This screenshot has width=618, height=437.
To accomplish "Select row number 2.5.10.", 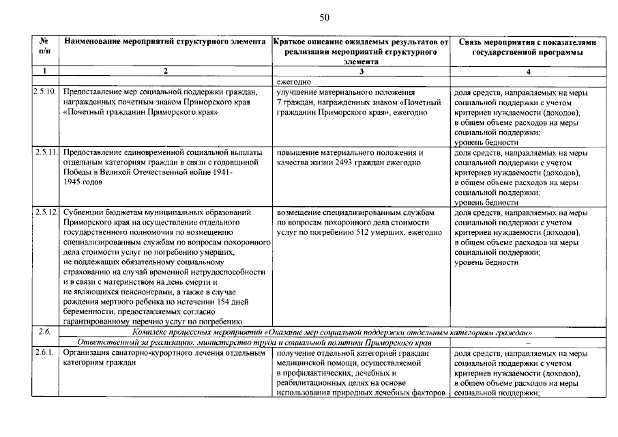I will pyautogui.click(x=44, y=91).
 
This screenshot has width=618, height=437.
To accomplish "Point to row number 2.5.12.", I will pyautogui.click(x=44, y=212).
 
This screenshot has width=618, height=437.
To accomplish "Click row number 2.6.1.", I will pyautogui.click(x=43, y=354).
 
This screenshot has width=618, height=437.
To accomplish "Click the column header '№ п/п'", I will pyautogui.click(x=44, y=47).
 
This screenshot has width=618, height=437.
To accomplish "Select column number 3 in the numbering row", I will pyautogui.click(x=361, y=71).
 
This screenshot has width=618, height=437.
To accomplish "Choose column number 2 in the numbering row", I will pyautogui.click(x=164, y=71).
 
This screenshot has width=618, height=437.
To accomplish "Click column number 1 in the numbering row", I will pyautogui.click(x=44, y=71).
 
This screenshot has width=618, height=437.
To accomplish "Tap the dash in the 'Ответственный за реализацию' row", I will pyautogui.click(x=528, y=343).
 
